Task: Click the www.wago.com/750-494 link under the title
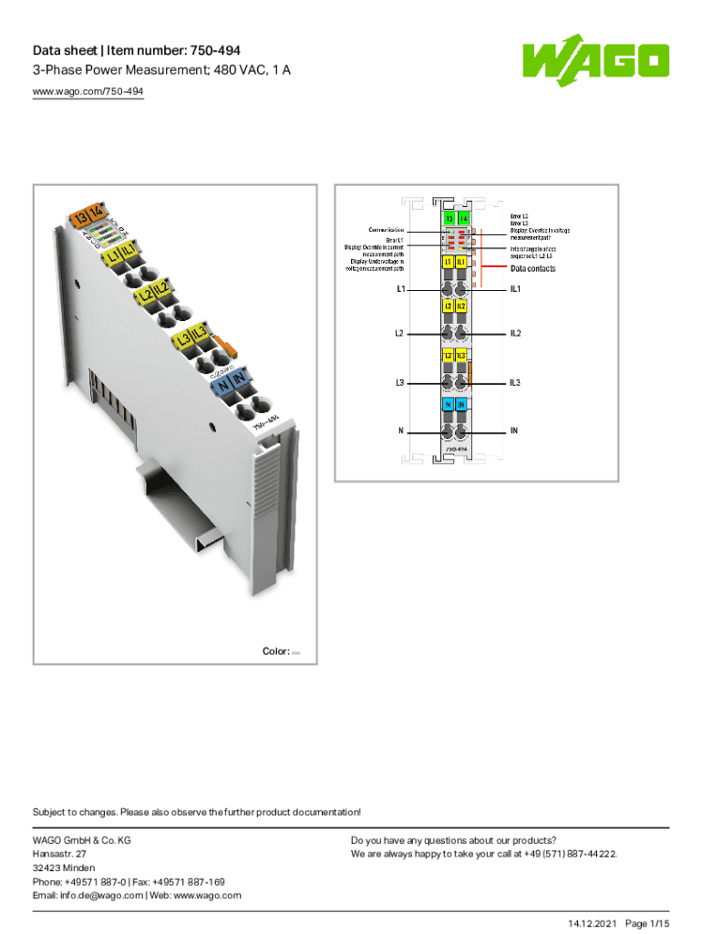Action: [x=88, y=91]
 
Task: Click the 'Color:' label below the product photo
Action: [x=275, y=651]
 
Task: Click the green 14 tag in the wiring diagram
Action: [x=463, y=219]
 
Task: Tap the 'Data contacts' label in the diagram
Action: [x=532, y=269]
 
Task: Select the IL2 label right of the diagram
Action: [x=515, y=333]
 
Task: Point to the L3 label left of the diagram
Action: [x=399, y=382]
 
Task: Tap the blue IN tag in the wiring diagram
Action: [x=462, y=403]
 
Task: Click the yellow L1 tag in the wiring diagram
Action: [x=449, y=262]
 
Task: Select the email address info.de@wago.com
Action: [x=88, y=895]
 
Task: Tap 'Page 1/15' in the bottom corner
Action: [x=647, y=924]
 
